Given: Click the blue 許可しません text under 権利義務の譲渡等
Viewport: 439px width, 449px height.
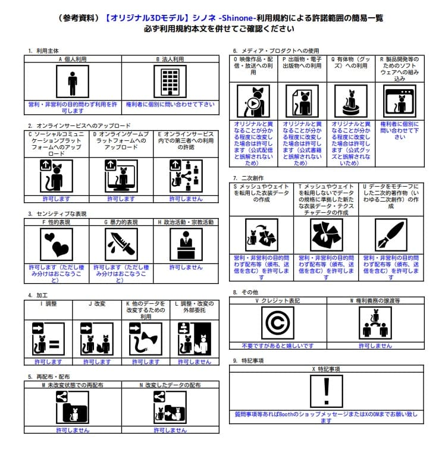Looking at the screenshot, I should [375, 346].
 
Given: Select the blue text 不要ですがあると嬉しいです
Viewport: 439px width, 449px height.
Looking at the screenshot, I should [277, 346].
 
